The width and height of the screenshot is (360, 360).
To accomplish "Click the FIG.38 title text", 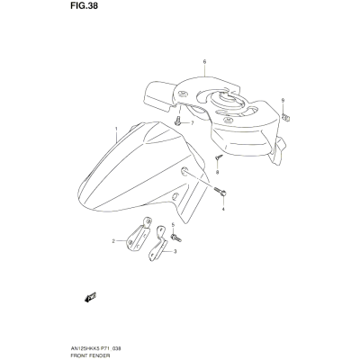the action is pos(85,6).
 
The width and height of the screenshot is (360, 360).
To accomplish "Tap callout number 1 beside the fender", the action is pos(116,129).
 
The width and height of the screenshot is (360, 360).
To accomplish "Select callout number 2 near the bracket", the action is pos(113,241).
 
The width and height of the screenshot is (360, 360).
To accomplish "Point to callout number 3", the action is pos(175,252).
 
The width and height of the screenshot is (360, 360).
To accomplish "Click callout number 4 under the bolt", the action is pos(223,209).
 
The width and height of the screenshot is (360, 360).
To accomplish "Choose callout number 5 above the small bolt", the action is pos(173,224).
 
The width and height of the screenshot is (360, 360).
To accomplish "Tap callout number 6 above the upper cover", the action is pos(204,62).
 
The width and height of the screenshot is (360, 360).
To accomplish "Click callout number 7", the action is pos(192,123).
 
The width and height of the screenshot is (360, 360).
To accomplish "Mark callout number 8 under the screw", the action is pos(218,172).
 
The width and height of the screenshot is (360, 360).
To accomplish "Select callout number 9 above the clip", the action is pos(283,100).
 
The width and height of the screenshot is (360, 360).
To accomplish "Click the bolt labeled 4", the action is pos(220,192).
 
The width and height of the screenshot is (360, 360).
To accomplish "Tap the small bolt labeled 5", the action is pos(176,238).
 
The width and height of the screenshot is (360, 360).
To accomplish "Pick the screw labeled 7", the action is pos(177,121).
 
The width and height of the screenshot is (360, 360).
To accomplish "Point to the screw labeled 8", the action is pos(219,157).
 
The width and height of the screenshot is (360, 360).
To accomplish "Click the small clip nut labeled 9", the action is pos(286,117).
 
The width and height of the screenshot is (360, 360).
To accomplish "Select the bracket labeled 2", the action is pos(139,235).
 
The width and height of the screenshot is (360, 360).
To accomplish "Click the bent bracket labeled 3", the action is pos(158,244).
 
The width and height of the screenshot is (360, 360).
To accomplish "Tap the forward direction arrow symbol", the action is pos(90,297).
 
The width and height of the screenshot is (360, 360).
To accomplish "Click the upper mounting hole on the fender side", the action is pos(184,171).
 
